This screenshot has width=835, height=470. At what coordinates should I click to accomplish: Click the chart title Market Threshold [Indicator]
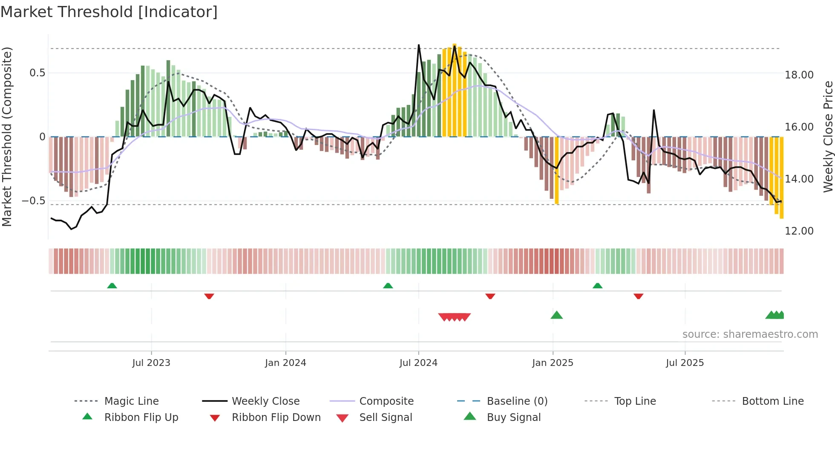pos(109,12)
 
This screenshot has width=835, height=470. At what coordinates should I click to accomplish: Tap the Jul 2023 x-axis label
pos(151,363)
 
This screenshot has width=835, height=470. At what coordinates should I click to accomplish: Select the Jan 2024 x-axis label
pos(285,363)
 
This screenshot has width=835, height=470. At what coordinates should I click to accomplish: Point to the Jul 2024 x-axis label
pos(418,363)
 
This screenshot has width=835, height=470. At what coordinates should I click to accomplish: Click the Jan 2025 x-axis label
pos(553,363)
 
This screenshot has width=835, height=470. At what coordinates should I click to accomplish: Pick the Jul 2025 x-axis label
pos(685,363)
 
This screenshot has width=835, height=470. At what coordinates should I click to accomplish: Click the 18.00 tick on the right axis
pos(799,75)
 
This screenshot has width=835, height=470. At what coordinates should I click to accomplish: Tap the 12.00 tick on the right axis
pos(799,231)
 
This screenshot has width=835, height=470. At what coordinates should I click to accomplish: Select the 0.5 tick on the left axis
pos(37,73)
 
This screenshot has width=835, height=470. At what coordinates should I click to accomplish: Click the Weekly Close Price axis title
pos(828,136)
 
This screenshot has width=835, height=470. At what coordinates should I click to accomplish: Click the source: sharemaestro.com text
pos(750,334)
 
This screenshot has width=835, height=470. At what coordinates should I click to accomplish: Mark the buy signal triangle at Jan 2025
pos(557,315)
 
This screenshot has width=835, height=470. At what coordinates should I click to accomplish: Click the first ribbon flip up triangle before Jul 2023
pos(112,286)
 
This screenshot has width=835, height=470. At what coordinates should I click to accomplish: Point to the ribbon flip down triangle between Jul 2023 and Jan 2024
pos(209,296)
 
